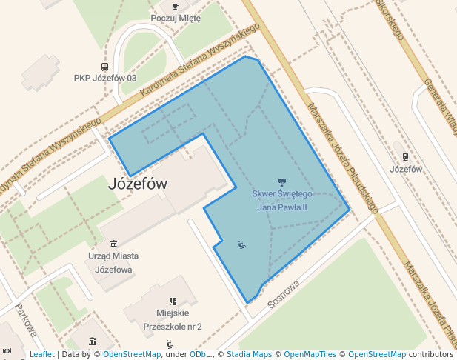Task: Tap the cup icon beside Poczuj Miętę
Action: pyautogui.click(x=175, y=7)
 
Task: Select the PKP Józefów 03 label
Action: pyautogui.click(x=105, y=78)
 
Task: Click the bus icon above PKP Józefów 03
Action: pyautogui.click(x=104, y=67)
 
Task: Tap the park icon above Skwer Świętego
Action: pyautogui.click(x=281, y=181)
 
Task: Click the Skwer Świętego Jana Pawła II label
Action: pyautogui.click(x=281, y=200)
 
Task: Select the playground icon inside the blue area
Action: pyautogui.click(x=241, y=244)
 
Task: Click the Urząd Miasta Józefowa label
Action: pyautogui.click(x=113, y=262)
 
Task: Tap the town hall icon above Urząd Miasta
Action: pyautogui.click(x=113, y=244)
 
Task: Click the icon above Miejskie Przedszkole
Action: pyautogui.click(x=173, y=301)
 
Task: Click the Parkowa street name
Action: pyautogui.click(x=25, y=320)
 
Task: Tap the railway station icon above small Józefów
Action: pyautogui.click(x=405, y=156)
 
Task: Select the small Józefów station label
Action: pyautogui.click(x=405, y=168)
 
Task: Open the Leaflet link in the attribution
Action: pyautogui.click(x=41, y=354)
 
